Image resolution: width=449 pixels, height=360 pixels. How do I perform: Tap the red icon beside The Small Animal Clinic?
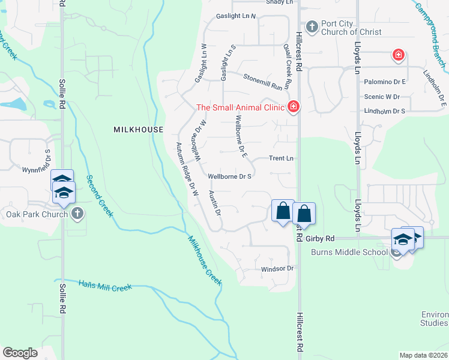pyautogui.click(x=294, y=107)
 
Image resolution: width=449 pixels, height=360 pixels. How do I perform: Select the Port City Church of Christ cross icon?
pyautogui.click(x=312, y=27)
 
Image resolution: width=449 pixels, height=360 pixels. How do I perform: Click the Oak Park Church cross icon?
pyautogui.click(x=77, y=214)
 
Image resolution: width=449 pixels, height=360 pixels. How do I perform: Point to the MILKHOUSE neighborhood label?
pyautogui.click(x=138, y=130)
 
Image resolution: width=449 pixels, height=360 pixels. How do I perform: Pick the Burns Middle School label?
pyautogui.click(x=349, y=251)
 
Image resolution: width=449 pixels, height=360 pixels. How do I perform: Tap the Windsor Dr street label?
pyautogui.click(x=277, y=269)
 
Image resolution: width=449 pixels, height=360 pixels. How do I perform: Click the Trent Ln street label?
pyautogui.click(x=281, y=158)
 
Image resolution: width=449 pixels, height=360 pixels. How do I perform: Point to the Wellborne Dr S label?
pyautogui.click(x=229, y=177)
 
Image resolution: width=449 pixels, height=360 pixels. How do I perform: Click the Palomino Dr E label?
pyautogui.click(x=385, y=81)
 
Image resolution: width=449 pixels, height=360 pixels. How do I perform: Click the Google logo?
pyautogui.click(x=20, y=353)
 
